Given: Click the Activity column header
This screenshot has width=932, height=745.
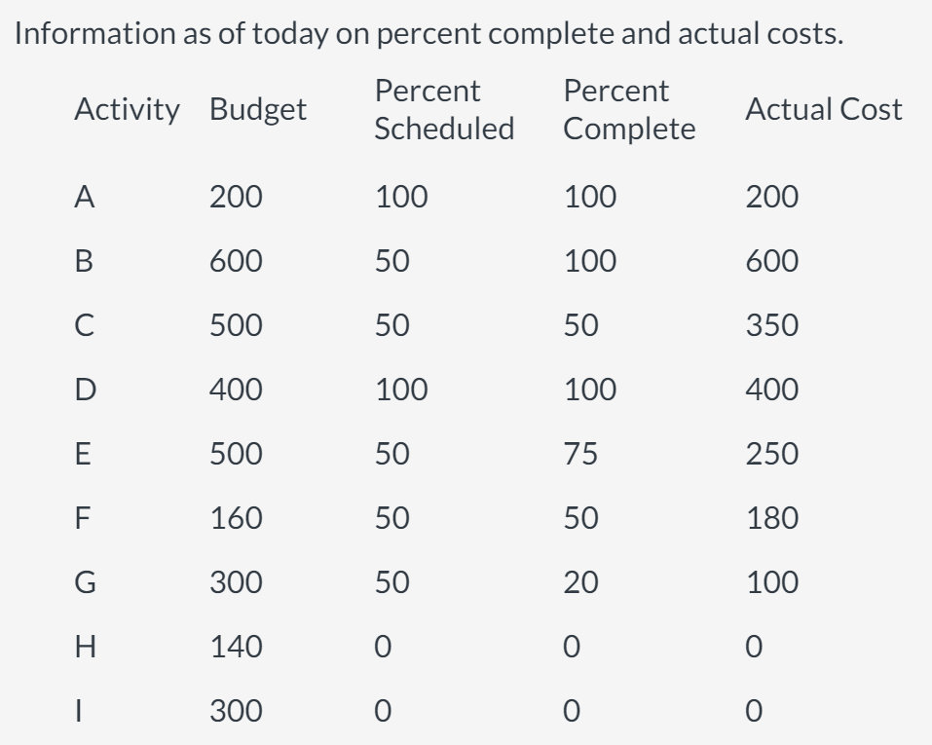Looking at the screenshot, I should click(x=128, y=109).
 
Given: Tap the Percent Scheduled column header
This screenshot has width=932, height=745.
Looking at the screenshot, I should click(x=444, y=109).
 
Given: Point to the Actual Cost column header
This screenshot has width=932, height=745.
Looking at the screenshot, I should click(x=823, y=109).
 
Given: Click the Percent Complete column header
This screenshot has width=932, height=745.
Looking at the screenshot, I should click(x=629, y=109).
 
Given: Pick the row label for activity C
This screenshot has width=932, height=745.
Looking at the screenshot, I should click(x=85, y=325).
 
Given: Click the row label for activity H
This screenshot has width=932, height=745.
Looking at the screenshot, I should click(x=86, y=647).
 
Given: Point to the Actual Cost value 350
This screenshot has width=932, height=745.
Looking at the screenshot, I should click(x=772, y=325).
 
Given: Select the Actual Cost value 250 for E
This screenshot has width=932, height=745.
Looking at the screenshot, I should click(x=772, y=454).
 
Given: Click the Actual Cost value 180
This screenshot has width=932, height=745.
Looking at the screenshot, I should click(x=772, y=518).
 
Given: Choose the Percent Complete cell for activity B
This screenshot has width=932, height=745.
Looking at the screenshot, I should click(x=589, y=261).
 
